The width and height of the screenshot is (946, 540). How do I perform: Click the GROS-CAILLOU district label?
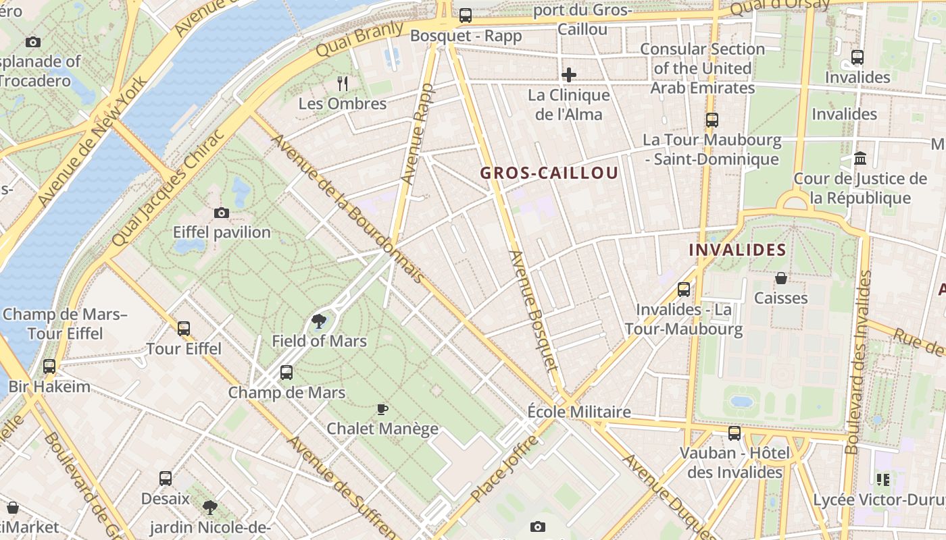tap(549, 173)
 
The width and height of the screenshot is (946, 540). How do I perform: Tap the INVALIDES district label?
tap(737, 250)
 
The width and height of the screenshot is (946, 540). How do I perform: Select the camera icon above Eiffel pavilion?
tap(221, 213)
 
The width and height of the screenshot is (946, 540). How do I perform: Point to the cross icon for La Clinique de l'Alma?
tap(569, 75)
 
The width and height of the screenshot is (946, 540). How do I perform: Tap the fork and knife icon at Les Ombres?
tap(343, 84)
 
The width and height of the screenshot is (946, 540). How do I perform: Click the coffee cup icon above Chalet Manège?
tap(382, 409)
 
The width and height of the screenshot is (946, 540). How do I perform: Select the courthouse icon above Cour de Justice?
tap(860, 158)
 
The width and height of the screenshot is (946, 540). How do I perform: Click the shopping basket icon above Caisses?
tap(781, 278)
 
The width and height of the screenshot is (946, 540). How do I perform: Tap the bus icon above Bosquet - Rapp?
tap(466, 15)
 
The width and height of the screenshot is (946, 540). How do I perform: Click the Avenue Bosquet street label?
tap(534, 310)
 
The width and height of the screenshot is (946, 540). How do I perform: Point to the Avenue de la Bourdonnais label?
tap(348, 209)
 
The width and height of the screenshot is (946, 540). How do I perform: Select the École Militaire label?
tap(579, 412)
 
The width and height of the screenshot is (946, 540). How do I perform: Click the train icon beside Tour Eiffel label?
tap(183, 329)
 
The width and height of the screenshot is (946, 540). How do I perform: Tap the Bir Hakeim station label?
tap(49, 387)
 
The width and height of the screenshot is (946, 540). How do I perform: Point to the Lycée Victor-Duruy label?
tap(879, 500)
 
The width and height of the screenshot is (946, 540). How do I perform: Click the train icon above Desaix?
tap(166, 479)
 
